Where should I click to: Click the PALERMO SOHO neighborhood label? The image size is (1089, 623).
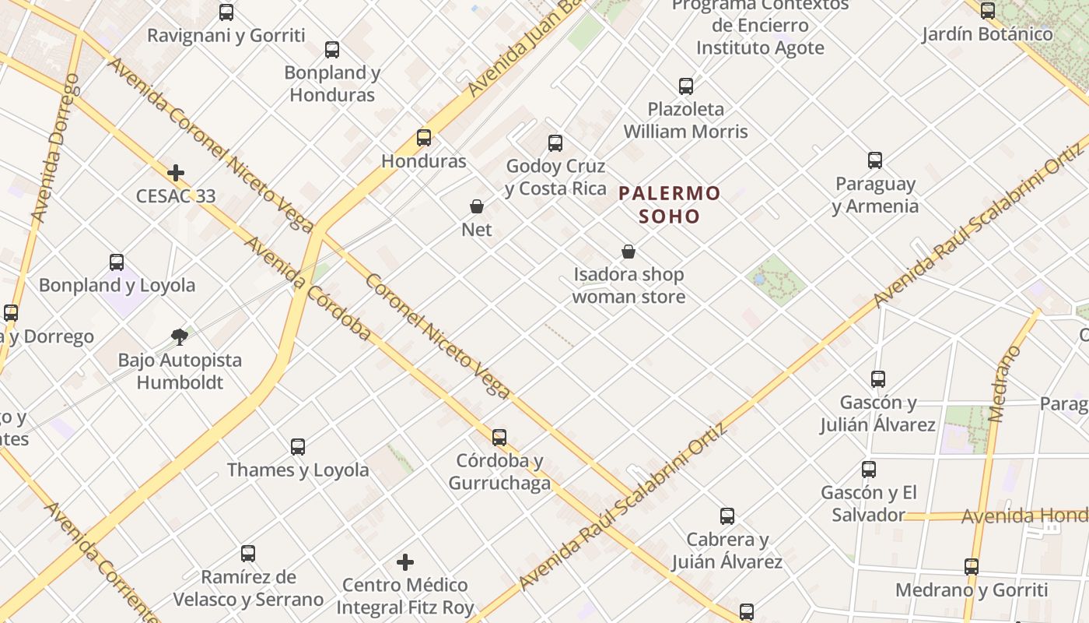coord(670,204)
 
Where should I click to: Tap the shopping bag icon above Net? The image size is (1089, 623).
coord(477,206)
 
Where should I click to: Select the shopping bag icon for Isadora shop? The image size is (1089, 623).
coord(629,252)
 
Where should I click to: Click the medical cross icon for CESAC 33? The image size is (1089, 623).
coord(176,173)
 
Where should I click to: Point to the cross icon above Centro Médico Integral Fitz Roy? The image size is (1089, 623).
coord(404,562)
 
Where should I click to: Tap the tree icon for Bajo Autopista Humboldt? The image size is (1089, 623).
coord(180,336)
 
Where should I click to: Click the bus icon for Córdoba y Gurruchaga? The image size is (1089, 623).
coord(499,438)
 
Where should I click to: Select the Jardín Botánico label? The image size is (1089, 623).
coord(987,34)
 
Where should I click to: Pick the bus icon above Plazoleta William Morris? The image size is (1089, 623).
coord(685,86)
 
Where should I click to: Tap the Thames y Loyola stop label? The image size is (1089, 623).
coord(298,470)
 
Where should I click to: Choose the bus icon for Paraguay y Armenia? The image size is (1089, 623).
coord(875,160)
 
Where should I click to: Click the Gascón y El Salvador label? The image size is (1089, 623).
coord(869,503)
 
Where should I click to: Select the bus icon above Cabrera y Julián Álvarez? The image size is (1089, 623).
coord(727,516)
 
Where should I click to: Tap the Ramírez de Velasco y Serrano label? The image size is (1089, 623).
coord(248,588)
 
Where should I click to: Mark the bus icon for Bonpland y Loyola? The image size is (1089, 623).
coord(117,262)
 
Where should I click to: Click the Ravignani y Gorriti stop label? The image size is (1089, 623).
coord(226,35)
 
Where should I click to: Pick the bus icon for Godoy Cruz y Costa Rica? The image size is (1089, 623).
coord(555,143)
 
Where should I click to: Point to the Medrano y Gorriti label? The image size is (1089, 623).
coord(972,590)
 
